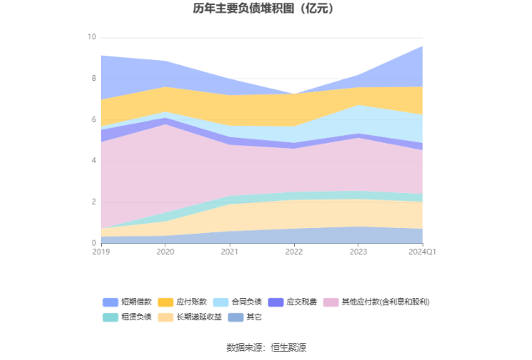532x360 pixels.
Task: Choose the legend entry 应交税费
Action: point(301,302)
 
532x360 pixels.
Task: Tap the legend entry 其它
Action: point(254,317)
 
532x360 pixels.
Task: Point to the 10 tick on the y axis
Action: point(92,38)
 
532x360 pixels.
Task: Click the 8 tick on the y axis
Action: point(94,79)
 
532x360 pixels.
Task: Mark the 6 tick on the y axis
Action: point(94,119)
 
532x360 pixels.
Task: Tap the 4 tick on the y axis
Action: point(94,160)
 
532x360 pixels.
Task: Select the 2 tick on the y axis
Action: point(94,202)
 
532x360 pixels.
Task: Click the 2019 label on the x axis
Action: point(101,251)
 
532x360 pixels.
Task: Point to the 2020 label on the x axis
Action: point(165,251)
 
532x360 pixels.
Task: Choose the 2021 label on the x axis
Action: point(230,251)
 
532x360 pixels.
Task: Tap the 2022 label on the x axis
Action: point(294,251)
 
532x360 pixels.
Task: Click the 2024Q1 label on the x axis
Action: point(422,251)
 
